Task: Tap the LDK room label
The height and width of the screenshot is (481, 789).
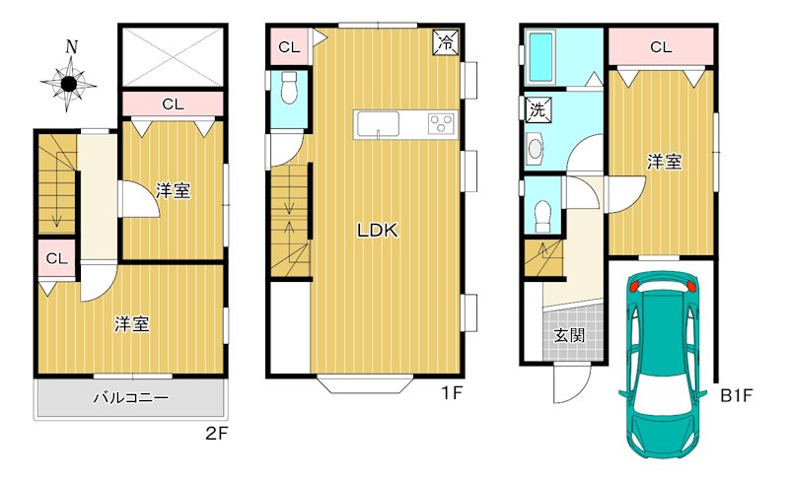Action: tap(378, 231)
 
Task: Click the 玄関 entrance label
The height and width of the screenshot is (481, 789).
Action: tap(569, 335)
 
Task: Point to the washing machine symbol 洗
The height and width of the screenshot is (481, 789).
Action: tap(538, 109)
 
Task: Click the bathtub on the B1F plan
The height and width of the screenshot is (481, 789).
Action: tap(541, 58)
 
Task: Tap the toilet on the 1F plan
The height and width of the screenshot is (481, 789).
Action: tap(289, 88)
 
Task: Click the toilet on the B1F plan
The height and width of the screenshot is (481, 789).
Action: tap(543, 216)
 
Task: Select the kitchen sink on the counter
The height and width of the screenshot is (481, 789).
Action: tap(378, 124)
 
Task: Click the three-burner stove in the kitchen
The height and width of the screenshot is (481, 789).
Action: tap(441, 124)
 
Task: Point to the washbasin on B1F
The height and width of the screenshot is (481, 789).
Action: tap(536, 149)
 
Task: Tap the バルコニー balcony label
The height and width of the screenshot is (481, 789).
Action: tap(131, 398)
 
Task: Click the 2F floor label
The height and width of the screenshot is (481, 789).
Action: tap(217, 434)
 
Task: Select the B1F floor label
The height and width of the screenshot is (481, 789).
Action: tap(736, 395)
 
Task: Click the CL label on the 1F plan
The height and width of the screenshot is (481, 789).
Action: tap(289, 47)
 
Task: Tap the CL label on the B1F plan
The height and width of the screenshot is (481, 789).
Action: tap(661, 46)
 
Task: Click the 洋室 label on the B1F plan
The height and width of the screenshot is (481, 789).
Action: tap(664, 162)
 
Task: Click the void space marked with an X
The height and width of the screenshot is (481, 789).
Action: tap(173, 57)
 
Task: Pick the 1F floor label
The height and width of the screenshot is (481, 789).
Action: tap(452, 393)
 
